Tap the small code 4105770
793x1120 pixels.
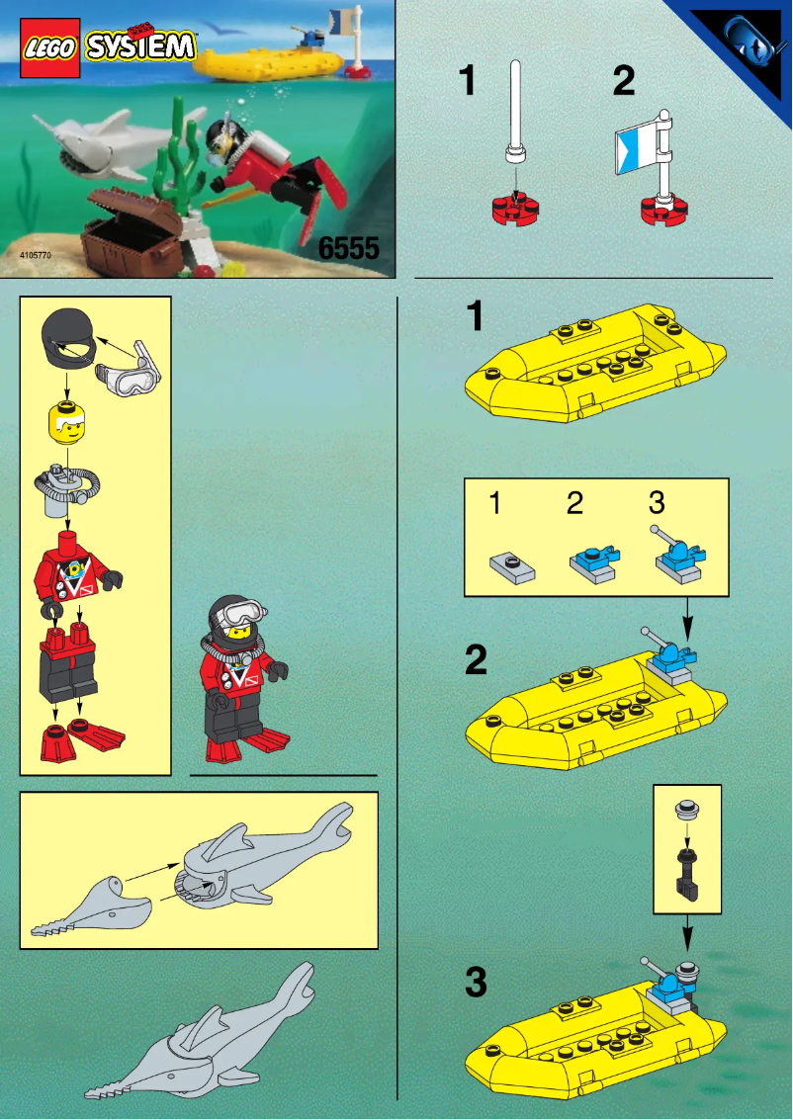35,256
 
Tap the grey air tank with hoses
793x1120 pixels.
66,488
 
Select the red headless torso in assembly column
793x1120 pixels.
70,568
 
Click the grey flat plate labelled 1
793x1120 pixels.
511,567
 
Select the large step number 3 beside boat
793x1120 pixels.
476,984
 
